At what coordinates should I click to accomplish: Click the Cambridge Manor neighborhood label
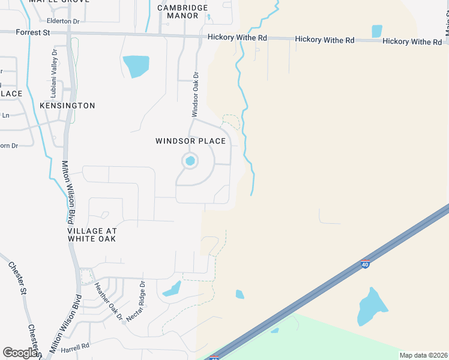coord(182,11)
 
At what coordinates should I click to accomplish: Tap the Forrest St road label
coord(34,32)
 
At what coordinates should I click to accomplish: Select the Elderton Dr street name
coord(62,21)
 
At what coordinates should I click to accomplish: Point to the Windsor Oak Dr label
coord(195,94)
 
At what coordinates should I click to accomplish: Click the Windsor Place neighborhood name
coord(190,141)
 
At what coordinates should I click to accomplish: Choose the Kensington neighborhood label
coord(67,106)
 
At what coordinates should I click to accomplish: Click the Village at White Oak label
coord(92,235)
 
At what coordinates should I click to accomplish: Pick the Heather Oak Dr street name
coord(109,301)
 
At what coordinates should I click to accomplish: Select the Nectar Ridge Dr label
coord(134,302)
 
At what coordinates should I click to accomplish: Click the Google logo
coord(20,353)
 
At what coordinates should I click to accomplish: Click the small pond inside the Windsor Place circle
coord(190,161)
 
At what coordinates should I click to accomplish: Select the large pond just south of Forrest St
coord(136,65)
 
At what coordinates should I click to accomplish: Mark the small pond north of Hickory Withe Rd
coord(377,31)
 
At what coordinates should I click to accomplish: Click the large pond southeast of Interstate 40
coord(370,307)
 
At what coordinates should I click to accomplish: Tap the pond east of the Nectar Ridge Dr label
coord(172,289)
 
